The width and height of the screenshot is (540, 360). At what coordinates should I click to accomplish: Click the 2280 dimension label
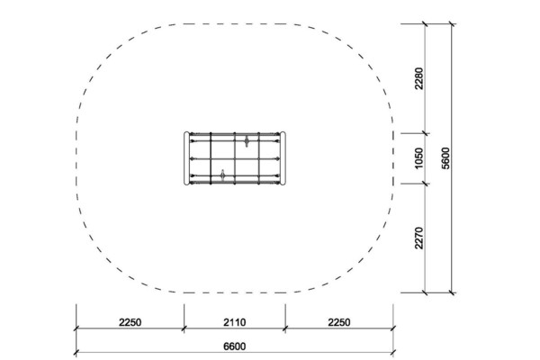point(418,78)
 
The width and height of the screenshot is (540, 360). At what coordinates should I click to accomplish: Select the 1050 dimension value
point(418,158)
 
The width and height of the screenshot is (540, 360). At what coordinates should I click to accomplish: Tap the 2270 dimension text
point(418,238)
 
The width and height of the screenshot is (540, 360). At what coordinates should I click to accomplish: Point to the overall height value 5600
point(445,158)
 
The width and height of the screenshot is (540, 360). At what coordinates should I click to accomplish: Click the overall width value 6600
point(235,346)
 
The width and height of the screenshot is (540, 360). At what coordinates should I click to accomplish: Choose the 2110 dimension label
point(235,322)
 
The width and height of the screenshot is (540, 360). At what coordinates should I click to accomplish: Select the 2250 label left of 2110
point(130,322)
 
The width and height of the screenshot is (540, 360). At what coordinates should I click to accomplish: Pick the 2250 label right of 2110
point(339,322)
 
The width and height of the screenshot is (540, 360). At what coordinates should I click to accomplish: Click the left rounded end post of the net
point(187,158)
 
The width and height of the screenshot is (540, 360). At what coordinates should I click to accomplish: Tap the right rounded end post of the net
point(283,158)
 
